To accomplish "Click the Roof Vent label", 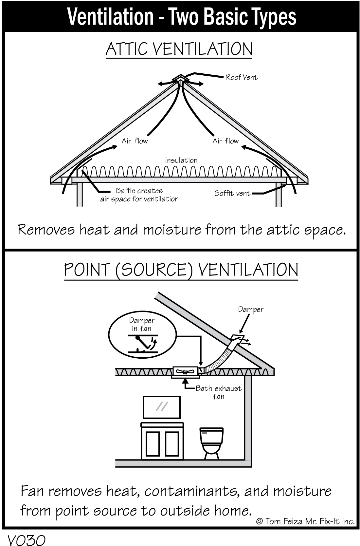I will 242,77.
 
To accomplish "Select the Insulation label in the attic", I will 181,160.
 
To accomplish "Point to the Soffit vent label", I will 232,193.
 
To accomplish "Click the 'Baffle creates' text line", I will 139,191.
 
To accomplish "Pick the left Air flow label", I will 135,141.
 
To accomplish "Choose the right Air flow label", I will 225,141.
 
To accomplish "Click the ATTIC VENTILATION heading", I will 179,49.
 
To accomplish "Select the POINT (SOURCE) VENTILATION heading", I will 181,270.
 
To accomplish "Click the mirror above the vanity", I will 162,407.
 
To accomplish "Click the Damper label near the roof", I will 250,310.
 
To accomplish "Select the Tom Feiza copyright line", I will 305,521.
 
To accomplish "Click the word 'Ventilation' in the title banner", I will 110,16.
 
